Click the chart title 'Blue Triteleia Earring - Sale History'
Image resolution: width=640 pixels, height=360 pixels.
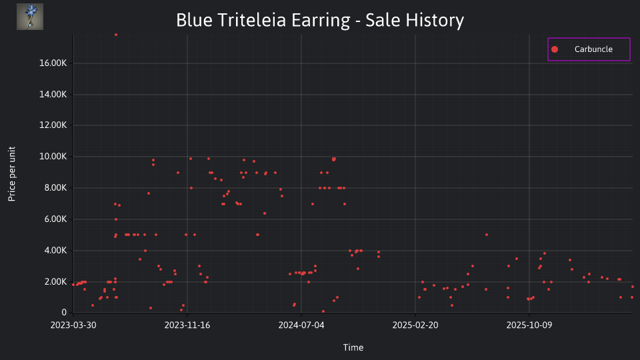[x=320, y=20]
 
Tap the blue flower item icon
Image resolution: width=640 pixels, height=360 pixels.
[x=30, y=17]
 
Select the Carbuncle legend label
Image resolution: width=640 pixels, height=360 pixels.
[x=593, y=49]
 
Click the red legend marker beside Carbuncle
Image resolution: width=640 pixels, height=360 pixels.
[x=555, y=49]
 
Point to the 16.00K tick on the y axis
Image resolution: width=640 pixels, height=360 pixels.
[x=53, y=63]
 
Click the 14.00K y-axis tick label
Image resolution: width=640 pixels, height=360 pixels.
[x=53, y=94]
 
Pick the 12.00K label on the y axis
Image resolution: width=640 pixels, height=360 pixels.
[x=53, y=125]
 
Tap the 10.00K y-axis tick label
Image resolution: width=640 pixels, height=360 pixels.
[x=53, y=156]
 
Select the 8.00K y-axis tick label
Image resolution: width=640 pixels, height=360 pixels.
[x=55, y=188]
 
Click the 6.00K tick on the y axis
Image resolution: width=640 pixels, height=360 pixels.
[x=55, y=219]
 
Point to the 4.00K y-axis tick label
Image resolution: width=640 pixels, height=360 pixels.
[x=55, y=250]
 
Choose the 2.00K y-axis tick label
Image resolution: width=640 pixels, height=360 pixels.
[x=55, y=281]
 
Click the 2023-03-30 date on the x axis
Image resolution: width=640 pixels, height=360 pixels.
[x=73, y=325]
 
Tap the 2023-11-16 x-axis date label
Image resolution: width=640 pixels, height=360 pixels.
[x=187, y=325]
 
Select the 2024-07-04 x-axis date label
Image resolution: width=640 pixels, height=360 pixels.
[x=301, y=325]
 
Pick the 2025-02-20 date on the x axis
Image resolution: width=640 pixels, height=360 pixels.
[x=415, y=325]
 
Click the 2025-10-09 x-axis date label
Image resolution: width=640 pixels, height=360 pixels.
[x=529, y=325]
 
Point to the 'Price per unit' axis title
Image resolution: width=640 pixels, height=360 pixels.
[x=12, y=174]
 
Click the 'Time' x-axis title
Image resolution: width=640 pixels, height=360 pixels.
[x=353, y=347]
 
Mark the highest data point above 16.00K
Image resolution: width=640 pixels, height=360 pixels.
[x=116, y=35]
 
